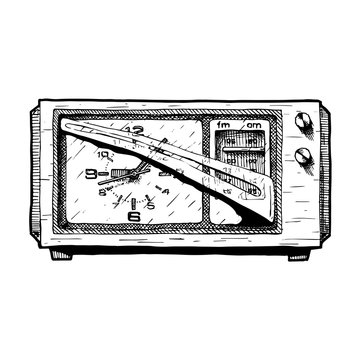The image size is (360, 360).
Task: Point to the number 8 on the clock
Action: (x=104, y=190)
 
